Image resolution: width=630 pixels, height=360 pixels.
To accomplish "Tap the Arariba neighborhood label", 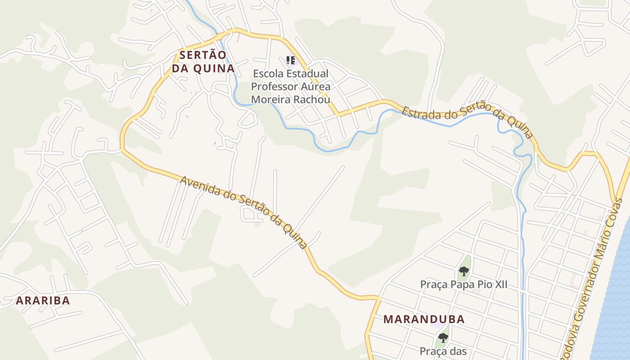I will tap(43, 301).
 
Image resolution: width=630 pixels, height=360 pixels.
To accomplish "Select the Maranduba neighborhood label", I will tap(424, 319).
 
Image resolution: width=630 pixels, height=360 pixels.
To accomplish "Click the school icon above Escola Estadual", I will tap(291, 60).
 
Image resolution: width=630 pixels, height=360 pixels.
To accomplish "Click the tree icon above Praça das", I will tap(443, 337).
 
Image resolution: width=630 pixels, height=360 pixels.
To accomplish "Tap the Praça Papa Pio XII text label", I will tap(463, 284).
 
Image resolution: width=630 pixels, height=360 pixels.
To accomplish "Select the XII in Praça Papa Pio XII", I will tap(499, 284).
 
